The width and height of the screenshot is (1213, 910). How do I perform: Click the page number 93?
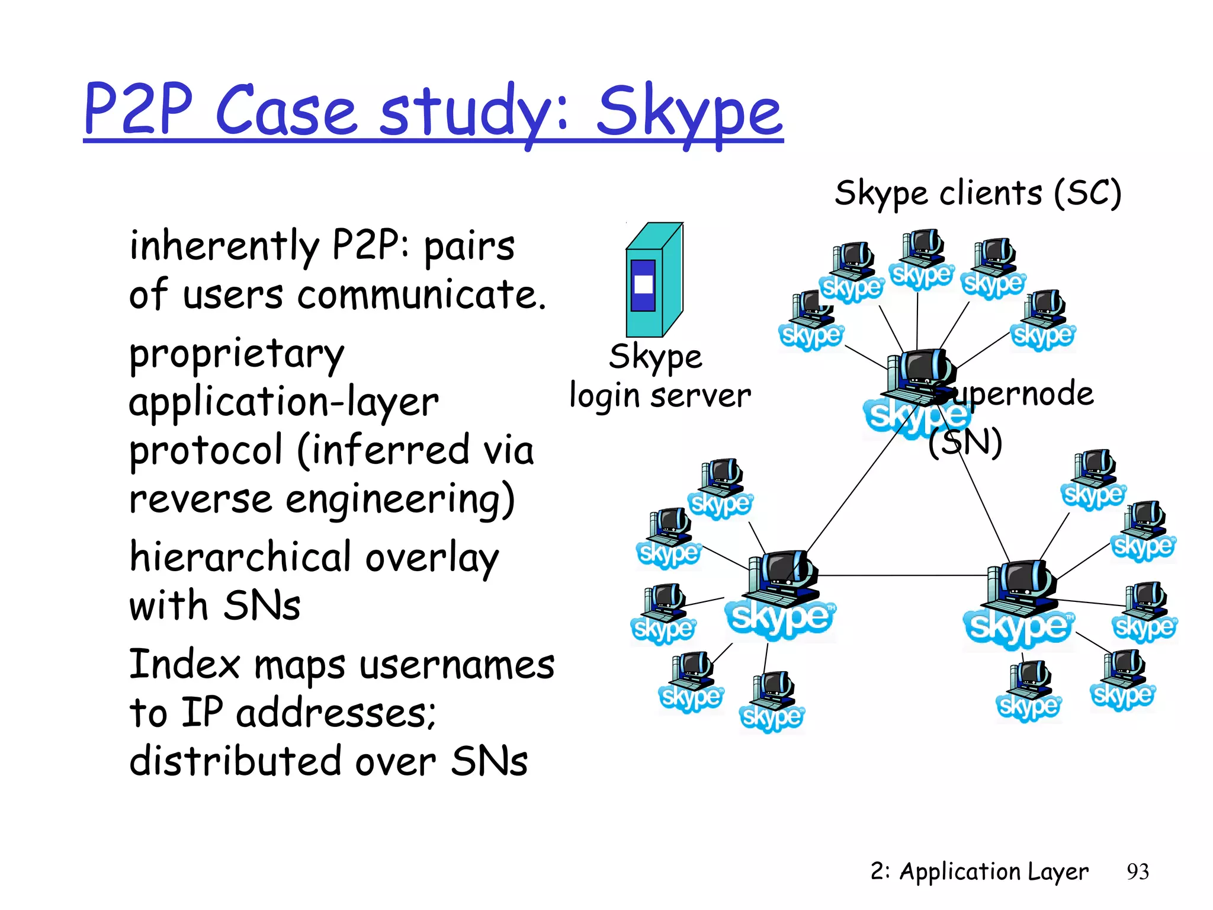1137,871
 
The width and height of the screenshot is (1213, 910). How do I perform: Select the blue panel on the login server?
643,285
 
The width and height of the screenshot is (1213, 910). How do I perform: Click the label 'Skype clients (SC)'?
978,193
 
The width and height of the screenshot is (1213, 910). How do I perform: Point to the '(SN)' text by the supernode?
965,442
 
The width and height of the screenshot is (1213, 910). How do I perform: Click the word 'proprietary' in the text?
237,355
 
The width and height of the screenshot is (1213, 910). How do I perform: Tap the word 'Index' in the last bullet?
184,664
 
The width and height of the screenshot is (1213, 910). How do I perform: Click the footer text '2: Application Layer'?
978,871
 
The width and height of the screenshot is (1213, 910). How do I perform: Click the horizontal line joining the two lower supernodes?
900,575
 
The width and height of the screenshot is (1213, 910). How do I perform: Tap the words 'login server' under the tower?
660,396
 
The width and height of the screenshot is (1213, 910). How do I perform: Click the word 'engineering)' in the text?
400,499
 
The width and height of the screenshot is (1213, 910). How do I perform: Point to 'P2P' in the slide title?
139,110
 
